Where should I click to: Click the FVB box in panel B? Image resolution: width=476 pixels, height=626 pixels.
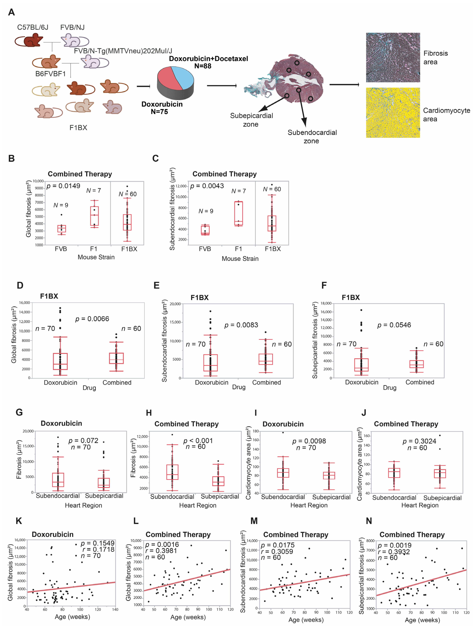pyautogui.click(x=61, y=228)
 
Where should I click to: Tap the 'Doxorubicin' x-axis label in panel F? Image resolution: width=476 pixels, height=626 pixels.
pyautogui.click(x=362, y=382)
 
